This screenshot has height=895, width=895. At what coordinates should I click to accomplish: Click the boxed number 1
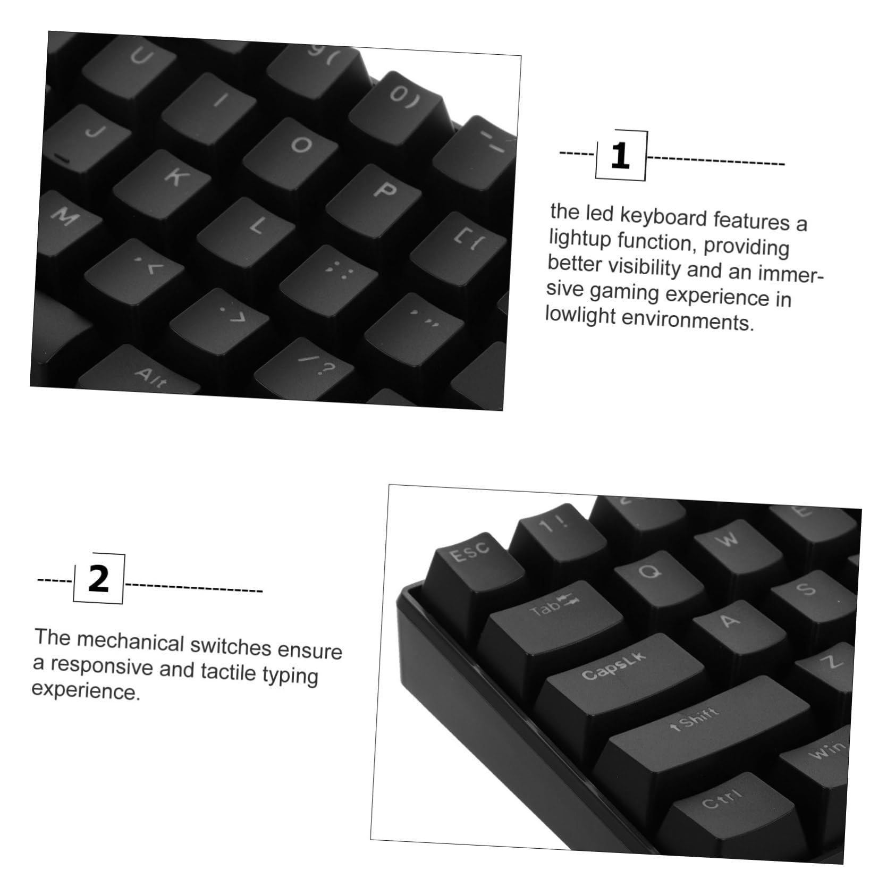620,156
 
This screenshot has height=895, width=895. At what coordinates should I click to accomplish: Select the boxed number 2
98,579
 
